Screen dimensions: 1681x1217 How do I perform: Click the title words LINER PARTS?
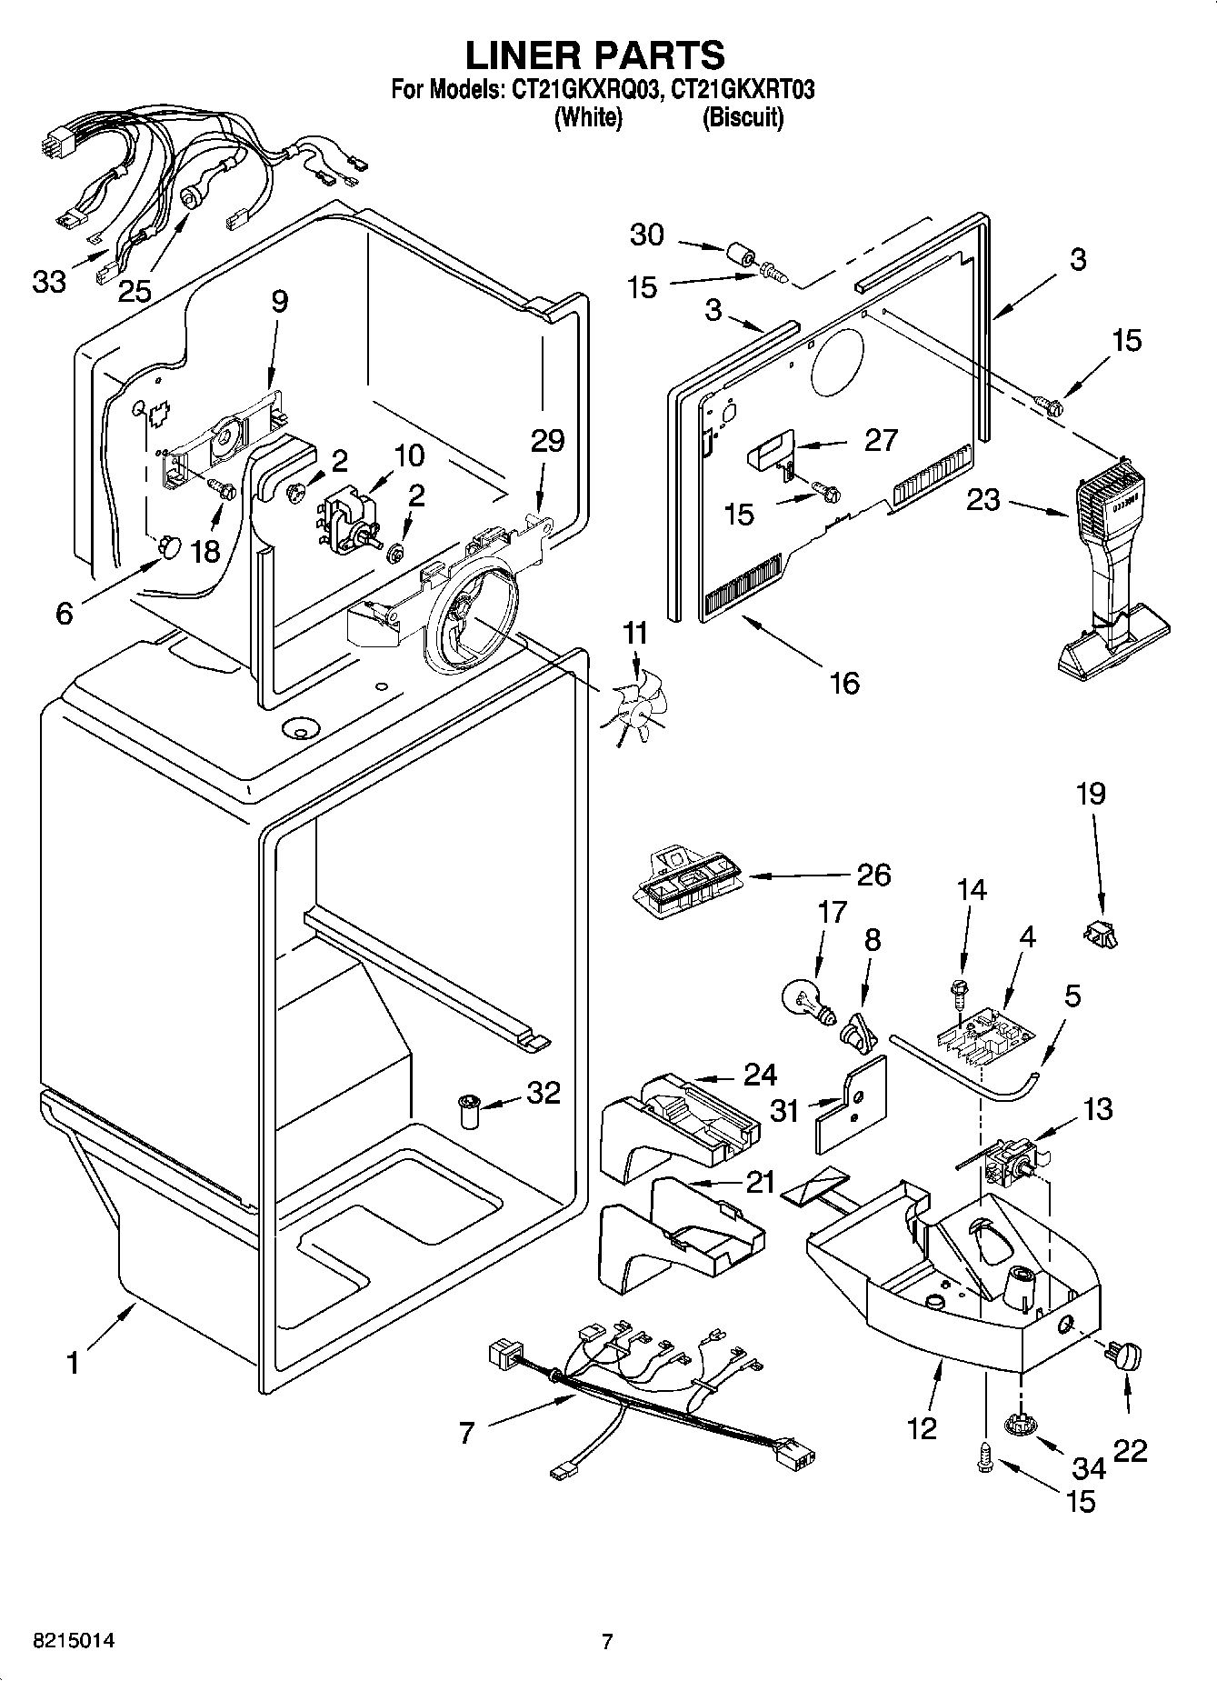pyautogui.click(x=594, y=55)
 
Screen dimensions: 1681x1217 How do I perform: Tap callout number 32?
pyautogui.click(x=543, y=1092)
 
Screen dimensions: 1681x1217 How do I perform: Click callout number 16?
pyautogui.click(x=844, y=682)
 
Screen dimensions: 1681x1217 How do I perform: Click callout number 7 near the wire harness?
pyautogui.click(x=467, y=1434)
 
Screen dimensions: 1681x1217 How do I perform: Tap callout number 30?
pyautogui.click(x=646, y=235)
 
